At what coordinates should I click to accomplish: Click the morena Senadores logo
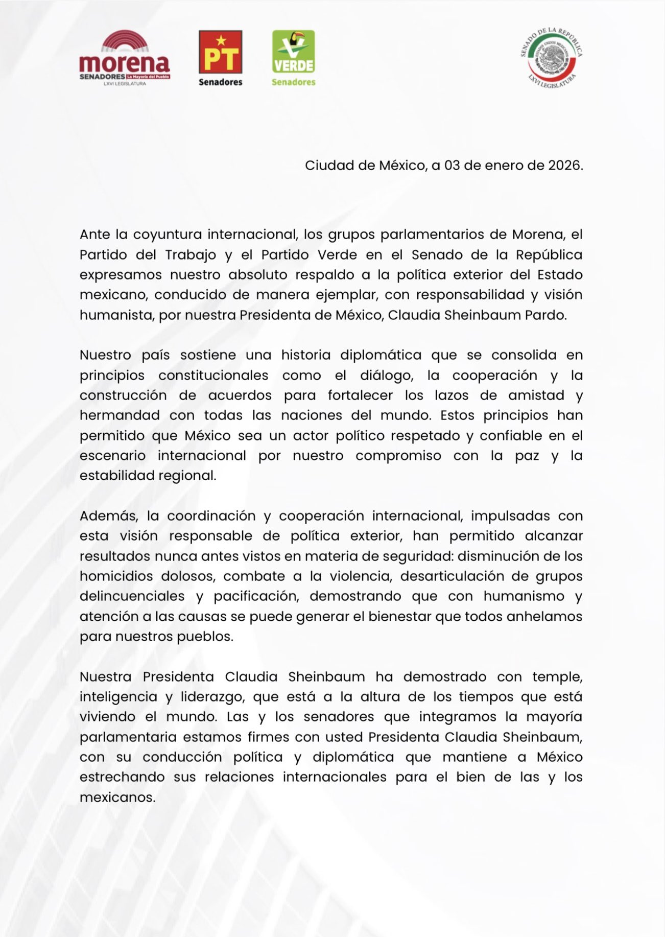click(x=125, y=58)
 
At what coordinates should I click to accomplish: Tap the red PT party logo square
click(x=220, y=52)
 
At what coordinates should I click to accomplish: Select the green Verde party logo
click(x=293, y=52)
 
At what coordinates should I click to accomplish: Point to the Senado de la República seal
click(x=552, y=58)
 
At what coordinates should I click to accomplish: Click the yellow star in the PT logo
click(x=221, y=39)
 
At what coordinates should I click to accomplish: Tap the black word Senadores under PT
click(x=220, y=82)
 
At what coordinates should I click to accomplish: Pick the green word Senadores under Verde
click(x=293, y=82)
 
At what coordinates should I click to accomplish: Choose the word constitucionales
click(x=213, y=375)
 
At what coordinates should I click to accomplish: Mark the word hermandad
click(x=120, y=415)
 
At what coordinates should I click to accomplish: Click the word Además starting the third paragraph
click(x=108, y=516)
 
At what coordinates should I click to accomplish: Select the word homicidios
click(x=116, y=576)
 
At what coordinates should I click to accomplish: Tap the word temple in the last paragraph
click(x=557, y=676)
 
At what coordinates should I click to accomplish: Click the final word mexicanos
click(x=117, y=797)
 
